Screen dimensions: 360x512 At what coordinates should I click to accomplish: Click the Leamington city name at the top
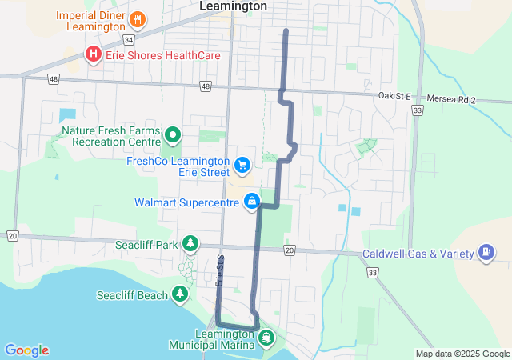(233, 6)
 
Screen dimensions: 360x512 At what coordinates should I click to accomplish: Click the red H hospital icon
(93, 54)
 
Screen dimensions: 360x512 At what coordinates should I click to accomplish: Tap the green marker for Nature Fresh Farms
(170, 133)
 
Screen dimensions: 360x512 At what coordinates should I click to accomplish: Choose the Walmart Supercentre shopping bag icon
(252, 201)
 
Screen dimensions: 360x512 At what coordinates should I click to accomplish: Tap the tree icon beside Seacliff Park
(190, 242)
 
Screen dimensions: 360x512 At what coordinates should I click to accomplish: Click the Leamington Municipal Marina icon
(265, 337)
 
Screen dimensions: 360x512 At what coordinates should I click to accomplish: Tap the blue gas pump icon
(485, 254)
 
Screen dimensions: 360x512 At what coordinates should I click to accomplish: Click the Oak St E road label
(395, 97)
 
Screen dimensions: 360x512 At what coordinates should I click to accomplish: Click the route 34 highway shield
(128, 38)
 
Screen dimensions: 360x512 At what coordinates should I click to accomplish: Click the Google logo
(26, 350)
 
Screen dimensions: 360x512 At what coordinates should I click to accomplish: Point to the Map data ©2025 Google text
(462, 354)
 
